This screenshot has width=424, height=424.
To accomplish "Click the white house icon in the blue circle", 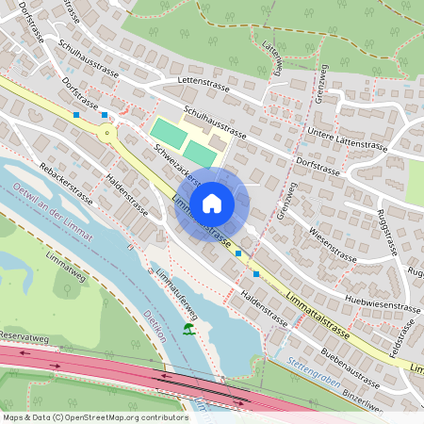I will (212, 203).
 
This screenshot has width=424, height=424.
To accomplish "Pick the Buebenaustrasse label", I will (350, 370).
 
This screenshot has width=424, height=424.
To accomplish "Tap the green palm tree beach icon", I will (189, 329).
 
